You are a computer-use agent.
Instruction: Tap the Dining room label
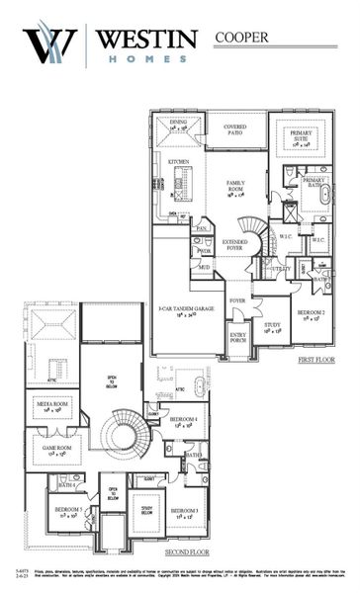point(178,126)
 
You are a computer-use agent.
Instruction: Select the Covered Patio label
point(234,130)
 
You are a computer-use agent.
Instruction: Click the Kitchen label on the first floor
point(178,160)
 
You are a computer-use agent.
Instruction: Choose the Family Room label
point(235,187)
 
